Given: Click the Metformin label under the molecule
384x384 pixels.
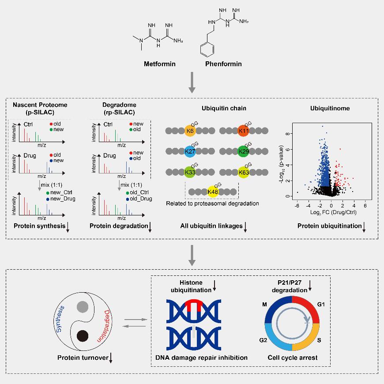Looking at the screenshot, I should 159,64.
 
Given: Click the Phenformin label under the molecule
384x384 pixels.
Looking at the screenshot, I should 224,64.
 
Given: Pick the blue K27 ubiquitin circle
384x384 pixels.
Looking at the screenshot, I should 190,151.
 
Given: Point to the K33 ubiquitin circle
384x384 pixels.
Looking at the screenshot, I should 190,172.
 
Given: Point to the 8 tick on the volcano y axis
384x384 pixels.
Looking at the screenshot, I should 289,133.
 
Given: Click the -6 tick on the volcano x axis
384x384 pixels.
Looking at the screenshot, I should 297,206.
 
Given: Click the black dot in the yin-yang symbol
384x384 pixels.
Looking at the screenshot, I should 82,336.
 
